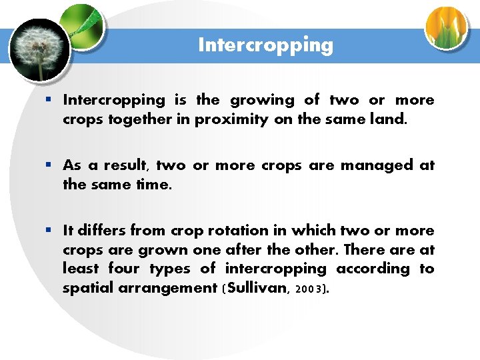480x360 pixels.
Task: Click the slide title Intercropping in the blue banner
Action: tap(265, 45)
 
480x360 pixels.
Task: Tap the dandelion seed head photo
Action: tap(39, 49)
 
